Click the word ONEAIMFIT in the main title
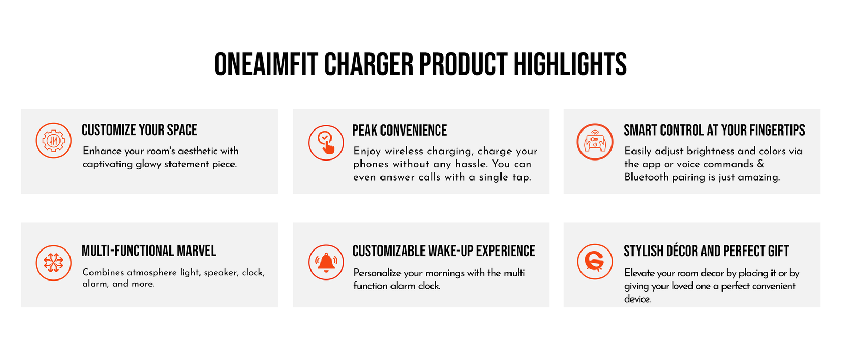[x=266, y=64]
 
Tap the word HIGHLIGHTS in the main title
[x=570, y=64]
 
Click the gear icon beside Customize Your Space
[x=53, y=141]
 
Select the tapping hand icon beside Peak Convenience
[x=326, y=143]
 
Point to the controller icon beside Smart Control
[x=595, y=142]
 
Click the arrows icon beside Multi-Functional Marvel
[x=53, y=263]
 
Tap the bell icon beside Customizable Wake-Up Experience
[x=326, y=262]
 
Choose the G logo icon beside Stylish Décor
[x=595, y=262]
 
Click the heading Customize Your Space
[x=139, y=130]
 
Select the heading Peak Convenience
[x=399, y=131]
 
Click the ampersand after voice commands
[x=760, y=164]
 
